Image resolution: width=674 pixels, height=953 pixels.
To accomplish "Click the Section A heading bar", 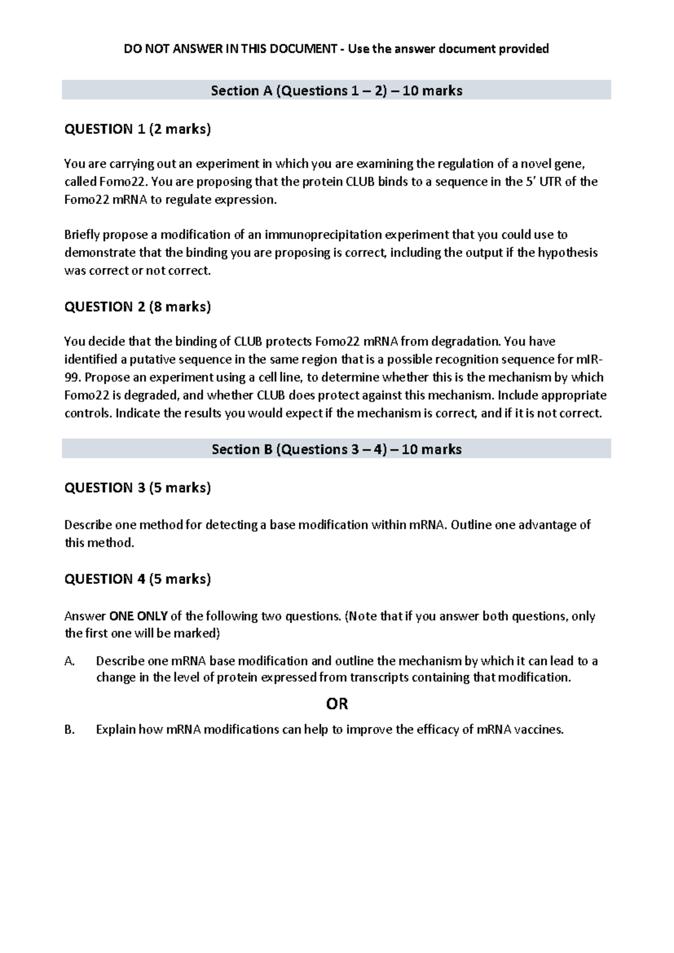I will (336, 90).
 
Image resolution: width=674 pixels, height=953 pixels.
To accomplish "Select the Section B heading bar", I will (336, 449).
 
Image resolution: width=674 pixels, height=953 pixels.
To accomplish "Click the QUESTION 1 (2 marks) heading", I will (138, 129).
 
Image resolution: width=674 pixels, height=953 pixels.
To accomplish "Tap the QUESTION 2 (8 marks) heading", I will (138, 307).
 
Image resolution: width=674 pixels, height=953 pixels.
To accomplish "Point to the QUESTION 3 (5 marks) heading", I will (138, 488).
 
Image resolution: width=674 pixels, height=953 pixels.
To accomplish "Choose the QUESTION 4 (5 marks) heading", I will (138, 579).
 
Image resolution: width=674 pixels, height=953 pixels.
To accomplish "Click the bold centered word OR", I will (337, 704).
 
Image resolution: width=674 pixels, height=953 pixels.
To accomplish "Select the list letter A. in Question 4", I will (70, 661).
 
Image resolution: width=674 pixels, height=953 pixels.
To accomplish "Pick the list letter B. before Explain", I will (70, 730).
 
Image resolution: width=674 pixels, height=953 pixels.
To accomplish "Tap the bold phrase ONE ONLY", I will (138, 616).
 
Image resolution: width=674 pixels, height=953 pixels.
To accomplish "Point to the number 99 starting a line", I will (72, 378).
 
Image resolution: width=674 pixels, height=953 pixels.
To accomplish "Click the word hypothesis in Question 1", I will (567, 253).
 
